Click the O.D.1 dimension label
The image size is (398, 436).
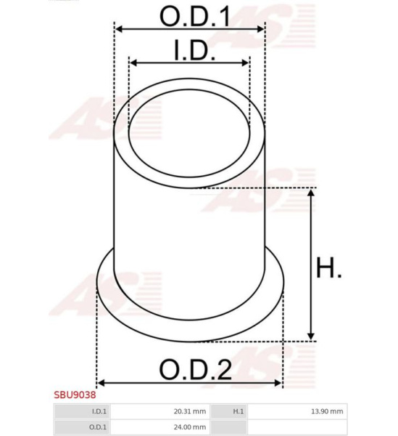pyautogui.click(x=195, y=17)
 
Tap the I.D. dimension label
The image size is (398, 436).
pyautogui.click(x=195, y=50)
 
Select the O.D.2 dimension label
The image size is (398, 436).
pyautogui.click(x=196, y=370)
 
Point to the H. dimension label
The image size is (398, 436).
pyautogui.click(x=329, y=267)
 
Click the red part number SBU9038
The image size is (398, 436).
pyautogui.click(x=75, y=395)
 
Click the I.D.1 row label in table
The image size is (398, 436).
pyautogui.click(x=99, y=411)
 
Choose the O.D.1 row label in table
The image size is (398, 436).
pyautogui.click(x=98, y=427)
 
